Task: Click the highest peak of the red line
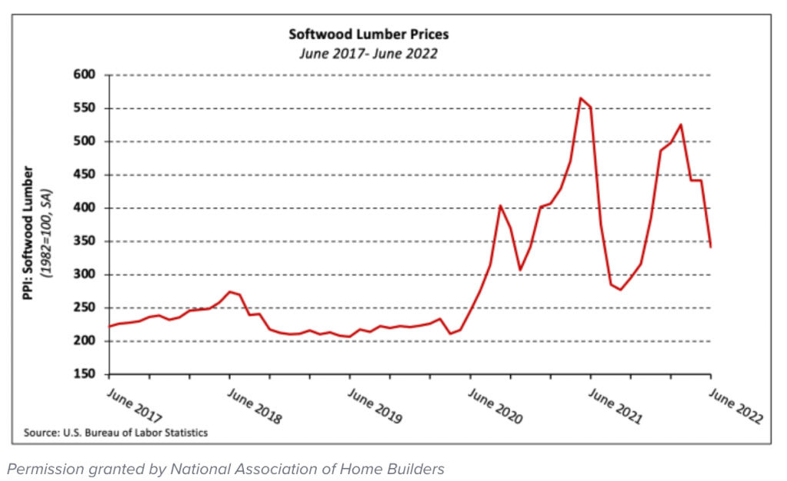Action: [581, 98]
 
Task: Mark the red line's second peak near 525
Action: [681, 124]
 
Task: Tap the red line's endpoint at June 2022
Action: [710, 247]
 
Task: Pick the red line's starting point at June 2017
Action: [108, 327]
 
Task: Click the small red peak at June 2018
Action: [229, 292]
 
